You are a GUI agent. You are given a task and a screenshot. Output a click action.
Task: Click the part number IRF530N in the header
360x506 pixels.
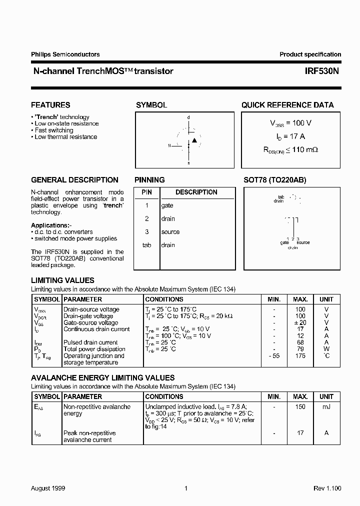[322, 71]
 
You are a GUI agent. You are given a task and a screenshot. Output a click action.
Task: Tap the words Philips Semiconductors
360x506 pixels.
[65, 54]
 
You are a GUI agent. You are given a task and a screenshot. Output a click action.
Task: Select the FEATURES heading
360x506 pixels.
[50, 105]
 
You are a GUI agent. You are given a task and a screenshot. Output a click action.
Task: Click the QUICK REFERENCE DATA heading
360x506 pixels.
[287, 105]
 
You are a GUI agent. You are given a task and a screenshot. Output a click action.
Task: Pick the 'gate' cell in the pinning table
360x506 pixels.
[167, 205]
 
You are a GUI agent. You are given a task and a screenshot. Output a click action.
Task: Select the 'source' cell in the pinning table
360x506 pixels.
[170, 232]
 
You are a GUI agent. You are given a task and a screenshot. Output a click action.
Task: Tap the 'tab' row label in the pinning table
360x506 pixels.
[147, 245]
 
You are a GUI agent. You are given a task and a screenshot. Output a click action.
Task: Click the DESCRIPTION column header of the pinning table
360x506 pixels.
[196, 192]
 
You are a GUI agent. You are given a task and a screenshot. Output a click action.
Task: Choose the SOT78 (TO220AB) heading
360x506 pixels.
[274, 180]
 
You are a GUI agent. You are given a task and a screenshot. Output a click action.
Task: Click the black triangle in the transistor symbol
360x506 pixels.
[194, 140]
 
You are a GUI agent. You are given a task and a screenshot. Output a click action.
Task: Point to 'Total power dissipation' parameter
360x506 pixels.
[94, 349]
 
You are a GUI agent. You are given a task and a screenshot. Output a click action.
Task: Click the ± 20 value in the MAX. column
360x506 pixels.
[300, 322]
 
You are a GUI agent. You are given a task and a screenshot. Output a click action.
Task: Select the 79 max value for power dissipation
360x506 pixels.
[300, 349]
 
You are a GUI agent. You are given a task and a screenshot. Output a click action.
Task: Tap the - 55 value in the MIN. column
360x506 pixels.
[273, 355]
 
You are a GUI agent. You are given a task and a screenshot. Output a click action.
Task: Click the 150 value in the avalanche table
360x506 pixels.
[300, 407]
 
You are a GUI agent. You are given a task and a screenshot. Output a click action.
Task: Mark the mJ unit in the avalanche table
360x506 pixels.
[326, 407]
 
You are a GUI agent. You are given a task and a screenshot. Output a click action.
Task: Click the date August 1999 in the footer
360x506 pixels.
[48, 488]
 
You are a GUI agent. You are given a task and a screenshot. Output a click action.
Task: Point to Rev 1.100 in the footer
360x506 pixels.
[327, 488]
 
